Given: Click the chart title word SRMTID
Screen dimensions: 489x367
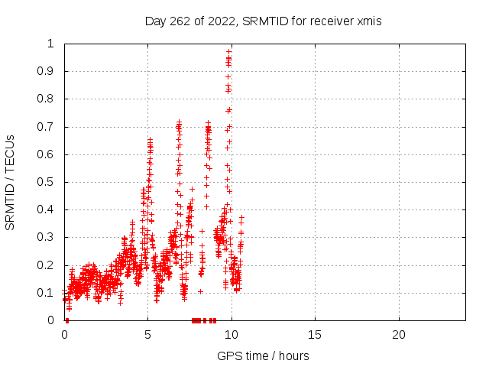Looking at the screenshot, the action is pyautogui.click(x=265, y=21).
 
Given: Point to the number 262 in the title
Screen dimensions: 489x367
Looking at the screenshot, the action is pyautogui.click(x=180, y=21).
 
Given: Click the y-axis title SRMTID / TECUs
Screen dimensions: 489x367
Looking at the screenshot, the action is pyautogui.click(x=10, y=183).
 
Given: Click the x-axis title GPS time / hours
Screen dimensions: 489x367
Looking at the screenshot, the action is pyautogui.click(x=263, y=356).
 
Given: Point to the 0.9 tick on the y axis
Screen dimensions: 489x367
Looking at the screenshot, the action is pyautogui.click(x=46, y=71).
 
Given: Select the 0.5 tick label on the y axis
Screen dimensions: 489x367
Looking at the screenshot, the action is pyautogui.click(x=46, y=182).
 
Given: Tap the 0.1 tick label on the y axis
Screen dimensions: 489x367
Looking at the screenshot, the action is pyautogui.click(x=46, y=293).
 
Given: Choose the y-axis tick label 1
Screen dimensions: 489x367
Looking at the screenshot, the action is pyautogui.click(x=51, y=44).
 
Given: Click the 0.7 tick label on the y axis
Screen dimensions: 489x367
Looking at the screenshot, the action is pyautogui.click(x=46, y=127).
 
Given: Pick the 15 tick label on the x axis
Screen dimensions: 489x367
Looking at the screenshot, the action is pyautogui.click(x=314, y=335).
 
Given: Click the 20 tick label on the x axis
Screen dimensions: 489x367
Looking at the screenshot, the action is pyautogui.click(x=399, y=335).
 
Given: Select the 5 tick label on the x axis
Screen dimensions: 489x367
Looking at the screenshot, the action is pyautogui.click(x=147, y=335).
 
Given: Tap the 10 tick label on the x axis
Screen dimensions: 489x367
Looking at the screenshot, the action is pyautogui.click(x=231, y=335).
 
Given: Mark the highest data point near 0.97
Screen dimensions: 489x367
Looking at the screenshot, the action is pyautogui.click(x=229, y=52).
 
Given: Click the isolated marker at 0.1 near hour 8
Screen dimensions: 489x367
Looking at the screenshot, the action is pyautogui.click(x=200, y=292).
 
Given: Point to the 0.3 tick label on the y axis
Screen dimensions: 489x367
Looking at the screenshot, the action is pyautogui.click(x=46, y=237).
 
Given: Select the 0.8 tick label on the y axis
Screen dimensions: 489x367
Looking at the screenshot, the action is pyautogui.click(x=46, y=99).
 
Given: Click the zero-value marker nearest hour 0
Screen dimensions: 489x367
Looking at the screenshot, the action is pyautogui.click(x=67, y=320).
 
